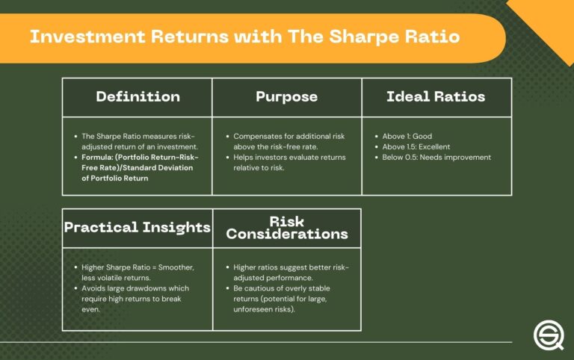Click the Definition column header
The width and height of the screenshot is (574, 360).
point(138,97)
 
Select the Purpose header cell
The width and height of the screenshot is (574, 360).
point(287,97)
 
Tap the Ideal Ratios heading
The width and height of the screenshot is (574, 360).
point(436,97)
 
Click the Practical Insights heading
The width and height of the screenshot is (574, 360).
point(137,227)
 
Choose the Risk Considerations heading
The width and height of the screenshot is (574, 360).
point(287,227)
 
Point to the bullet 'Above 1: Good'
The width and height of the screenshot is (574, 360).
point(408,137)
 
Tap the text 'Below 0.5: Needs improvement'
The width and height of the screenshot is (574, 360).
point(436,158)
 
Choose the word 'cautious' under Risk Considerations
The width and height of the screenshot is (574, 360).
point(261,288)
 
